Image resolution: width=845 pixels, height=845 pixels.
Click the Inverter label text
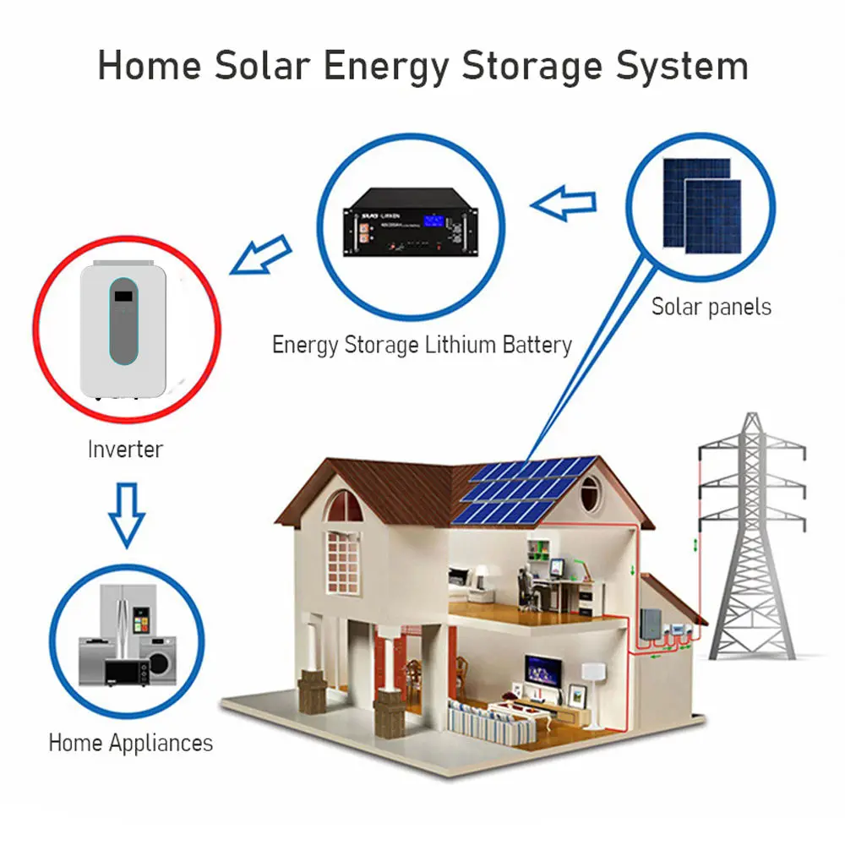[125, 449]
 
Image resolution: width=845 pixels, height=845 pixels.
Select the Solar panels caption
[711, 306]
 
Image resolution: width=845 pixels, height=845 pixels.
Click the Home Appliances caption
[130, 744]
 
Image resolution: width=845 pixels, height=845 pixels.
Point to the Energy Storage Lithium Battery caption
[422, 345]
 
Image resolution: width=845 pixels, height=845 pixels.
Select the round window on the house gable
[591, 489]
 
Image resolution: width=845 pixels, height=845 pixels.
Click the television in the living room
[542, 668]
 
